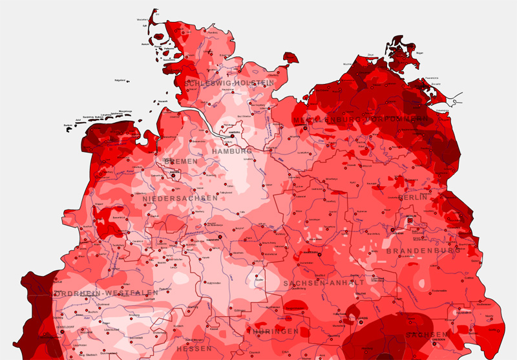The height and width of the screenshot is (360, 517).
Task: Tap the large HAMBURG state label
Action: [x=231, y=151]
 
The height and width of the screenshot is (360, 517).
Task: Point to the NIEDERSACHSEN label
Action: [x=180, y=198]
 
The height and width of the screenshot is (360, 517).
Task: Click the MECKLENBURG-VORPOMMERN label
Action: [x=360, y=120]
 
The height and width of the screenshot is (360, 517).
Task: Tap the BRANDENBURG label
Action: [x=423, y=250]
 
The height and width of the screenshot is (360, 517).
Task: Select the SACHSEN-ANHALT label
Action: [x=323, y=283]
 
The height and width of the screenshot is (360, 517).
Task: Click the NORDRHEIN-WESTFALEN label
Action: [x=97, y=294]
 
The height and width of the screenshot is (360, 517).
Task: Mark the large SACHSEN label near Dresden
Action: [x=427, y=335]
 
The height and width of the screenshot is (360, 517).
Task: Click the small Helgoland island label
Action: [x=120, y=80]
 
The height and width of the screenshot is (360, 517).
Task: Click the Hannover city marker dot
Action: [x=220, y=237]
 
